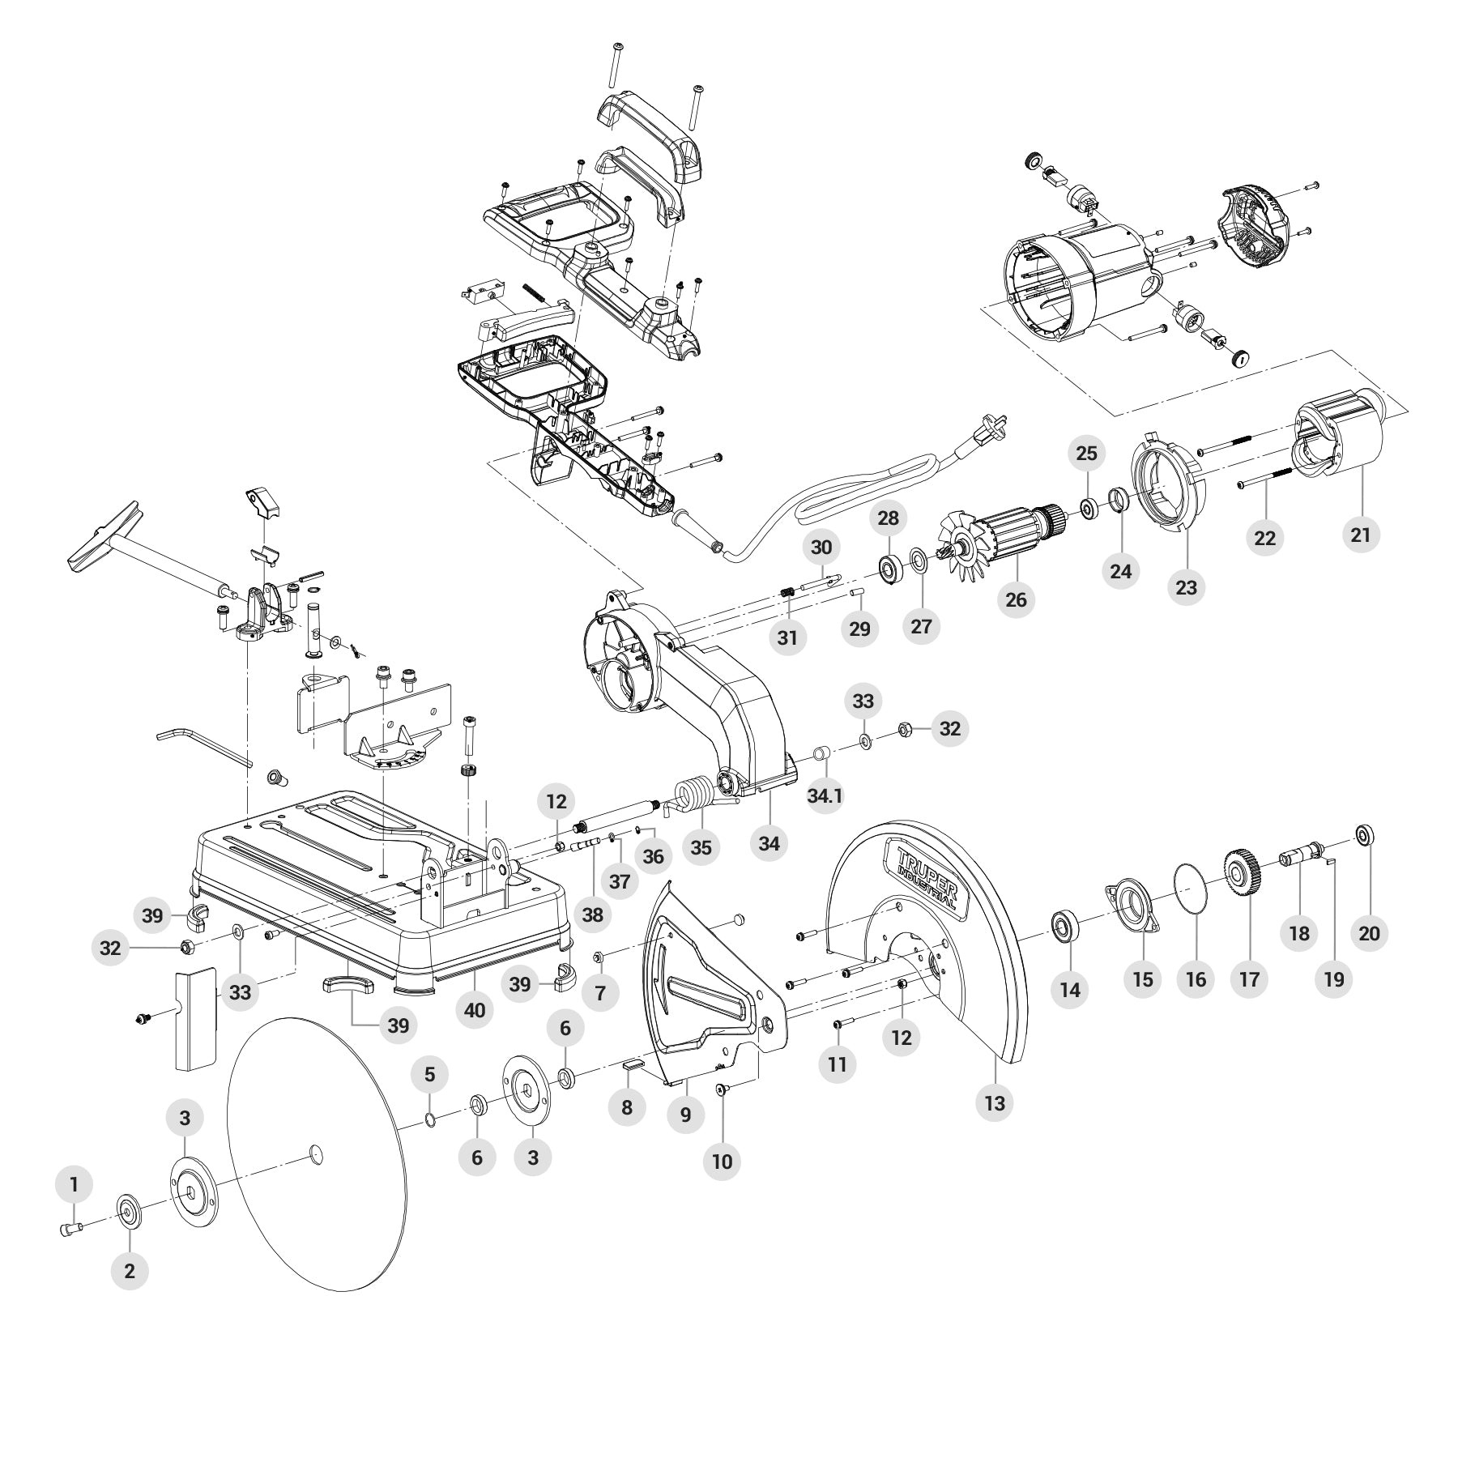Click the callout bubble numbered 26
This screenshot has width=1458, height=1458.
pyautogui.click(x=1016, y=599)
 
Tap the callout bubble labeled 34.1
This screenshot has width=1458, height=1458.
pyautogui.click(x=825, y=796)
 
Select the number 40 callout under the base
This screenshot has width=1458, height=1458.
pyautogui.click(x=475, y=1010)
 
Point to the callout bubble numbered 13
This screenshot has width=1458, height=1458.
pyautogui.click(x=995, y=1102)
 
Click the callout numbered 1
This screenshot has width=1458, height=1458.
pyautogui.click(x=75, y=1185)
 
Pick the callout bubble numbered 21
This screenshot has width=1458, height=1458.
pyautogui.click(x=1361, y=535)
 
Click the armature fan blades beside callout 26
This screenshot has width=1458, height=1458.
pyautogui.click(x=962, y=548)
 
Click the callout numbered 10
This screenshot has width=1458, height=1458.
pyautogui.click(x=722, y=1161)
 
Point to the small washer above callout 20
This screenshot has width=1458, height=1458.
pyautogui.click(x=1363, y=833)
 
